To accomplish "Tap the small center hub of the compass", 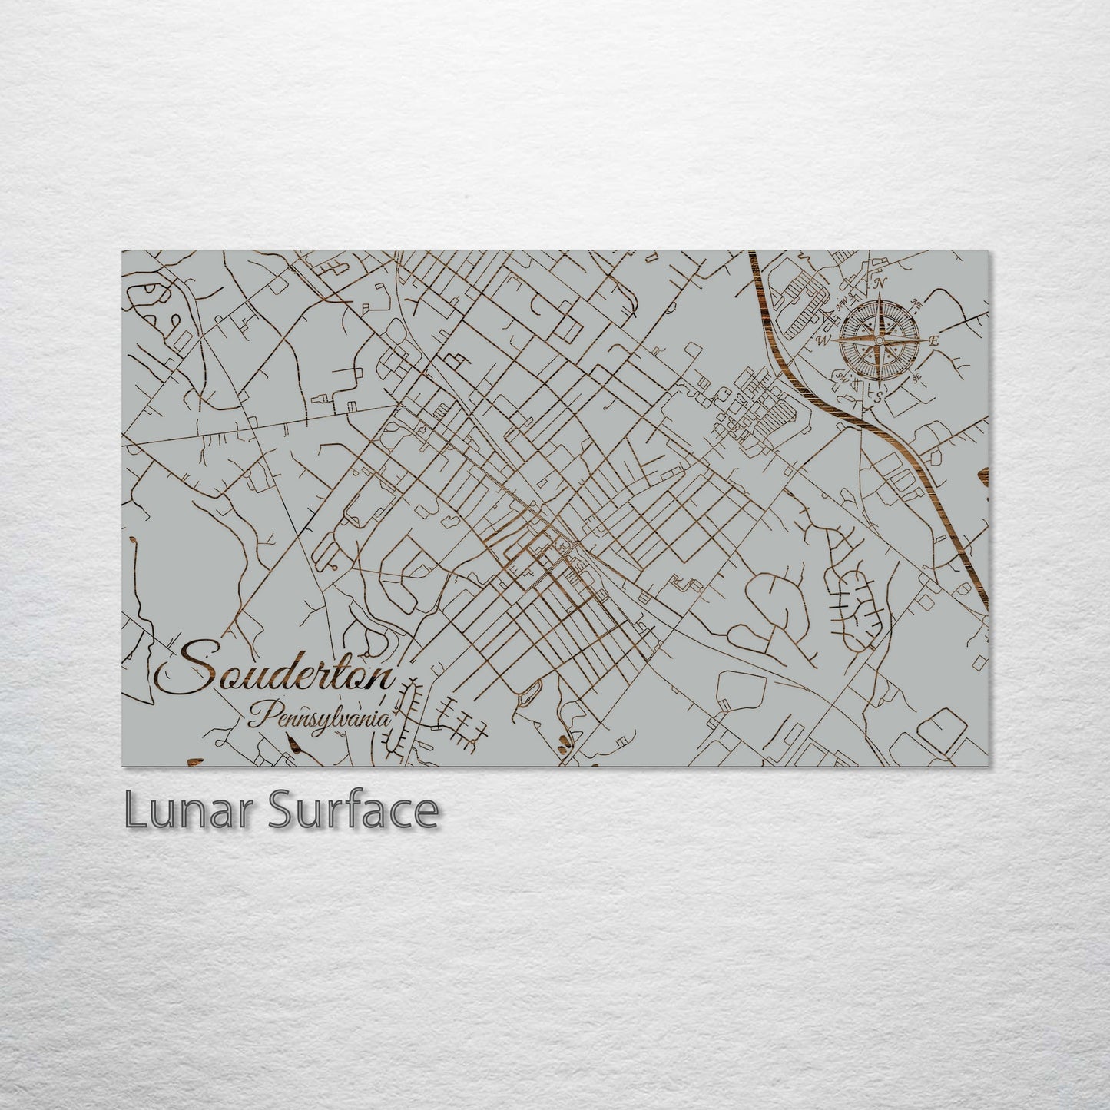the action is pos(879,339).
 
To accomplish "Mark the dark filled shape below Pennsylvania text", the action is pos(293,742).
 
